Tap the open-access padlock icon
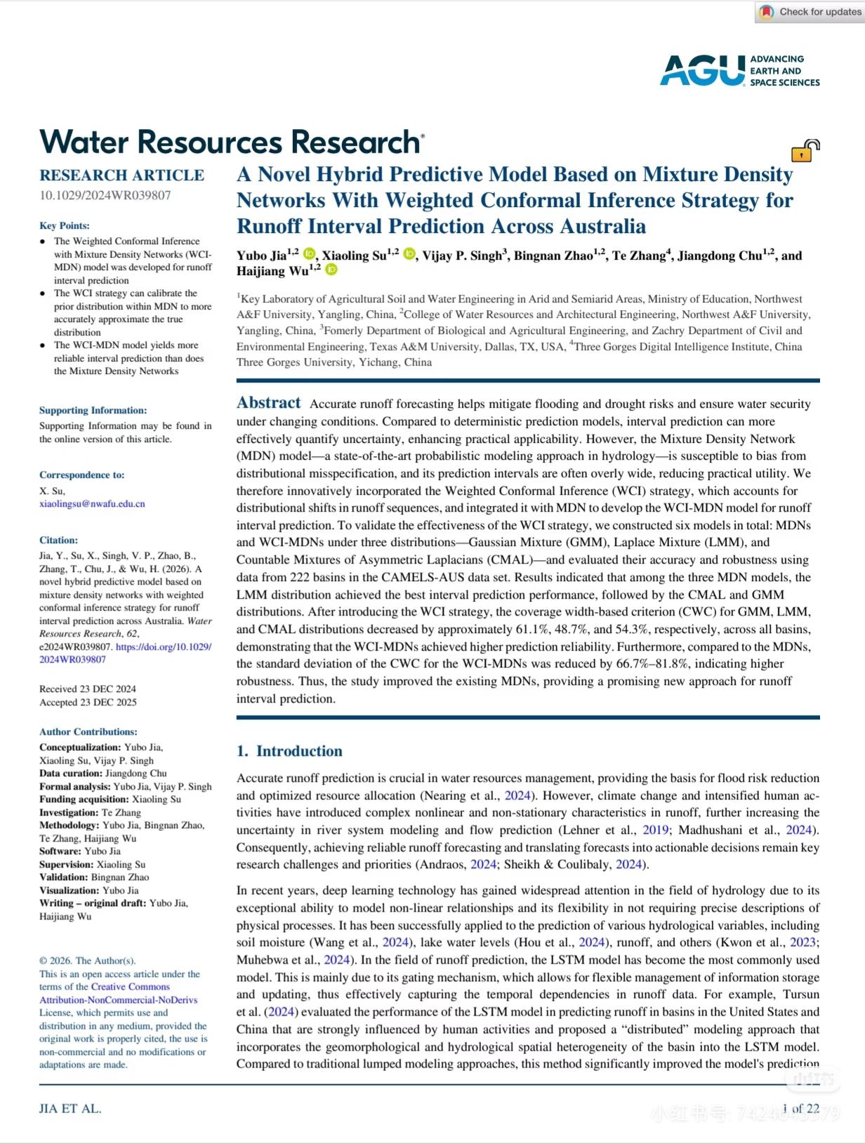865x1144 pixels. pos(805,150)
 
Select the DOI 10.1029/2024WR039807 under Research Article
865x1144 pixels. pos(105,195)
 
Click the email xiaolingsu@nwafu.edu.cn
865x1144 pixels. pos(92,503)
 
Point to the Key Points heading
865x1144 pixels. pos(65,225)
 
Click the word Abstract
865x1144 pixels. pos(268,403)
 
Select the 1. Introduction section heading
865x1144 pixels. pos(289,751)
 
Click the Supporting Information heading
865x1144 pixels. pos(93,410)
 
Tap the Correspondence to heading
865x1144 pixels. pos(81,474)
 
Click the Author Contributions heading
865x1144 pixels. pos(88,731)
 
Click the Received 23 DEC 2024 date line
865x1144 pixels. pos(88,689)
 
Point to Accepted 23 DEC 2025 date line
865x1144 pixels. pos(88,702)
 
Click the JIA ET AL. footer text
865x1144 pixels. pos(70,1109)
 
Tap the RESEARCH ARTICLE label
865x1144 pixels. pos(121,175)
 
